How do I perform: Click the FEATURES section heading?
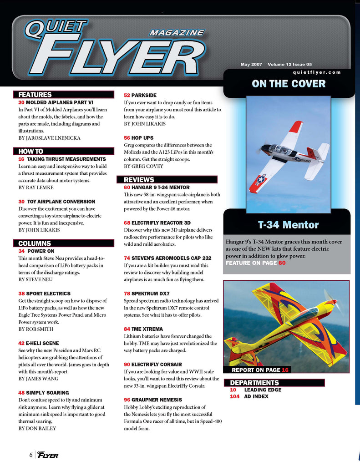click(x=35, y=95)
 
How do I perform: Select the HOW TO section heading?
click(x=31, y=151)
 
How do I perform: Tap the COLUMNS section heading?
click(x=35, y=243)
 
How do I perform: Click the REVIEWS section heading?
click(x=139, y=180)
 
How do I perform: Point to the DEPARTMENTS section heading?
click(x=254, y=383)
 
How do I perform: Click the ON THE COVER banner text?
click(x=289, y=84)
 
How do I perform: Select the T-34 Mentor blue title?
click(x=288, y=225)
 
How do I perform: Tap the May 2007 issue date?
click(x=251, y=65)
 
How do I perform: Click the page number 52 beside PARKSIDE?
click(x=127, y=95)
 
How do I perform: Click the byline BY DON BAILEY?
click(x=37, y=428)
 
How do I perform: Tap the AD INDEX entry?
click(x=256, y=396)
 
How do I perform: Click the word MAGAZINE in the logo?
click(x=176, y=33)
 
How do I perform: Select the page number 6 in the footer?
click(x=30, y=455)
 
